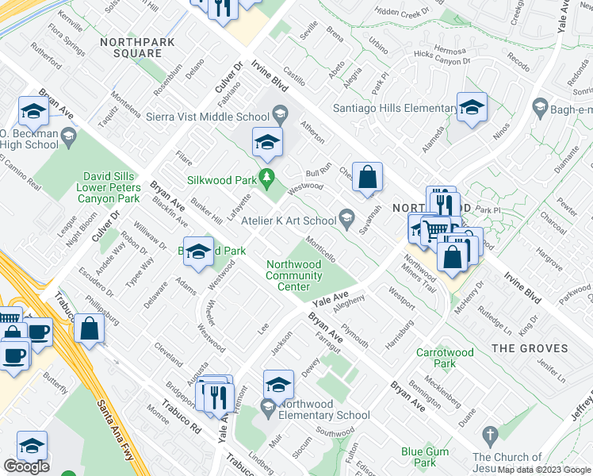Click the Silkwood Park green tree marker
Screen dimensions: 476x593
point(268,176)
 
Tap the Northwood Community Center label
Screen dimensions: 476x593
point(293,275)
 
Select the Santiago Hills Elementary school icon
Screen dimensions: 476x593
point(472,106)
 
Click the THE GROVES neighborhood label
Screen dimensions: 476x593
point(541,348)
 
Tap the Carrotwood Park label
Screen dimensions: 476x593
point(446,358)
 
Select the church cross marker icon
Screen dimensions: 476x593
point(489,434)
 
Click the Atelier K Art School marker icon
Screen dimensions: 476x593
point(346,215)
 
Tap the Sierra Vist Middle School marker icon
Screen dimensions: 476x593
point(279,117)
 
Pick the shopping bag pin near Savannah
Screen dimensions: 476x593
point(368,178)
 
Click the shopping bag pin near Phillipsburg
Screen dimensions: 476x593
point(90,328)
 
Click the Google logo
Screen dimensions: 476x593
point(27,466)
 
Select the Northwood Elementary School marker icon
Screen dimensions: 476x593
point(268,408)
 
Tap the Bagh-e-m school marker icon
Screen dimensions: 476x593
point(540,106)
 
